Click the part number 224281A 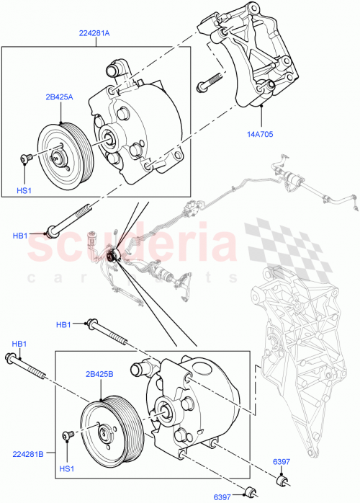(x=96, y=32)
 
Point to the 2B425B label (x=102, y=375)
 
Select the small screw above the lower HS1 (x=69, y=435)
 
